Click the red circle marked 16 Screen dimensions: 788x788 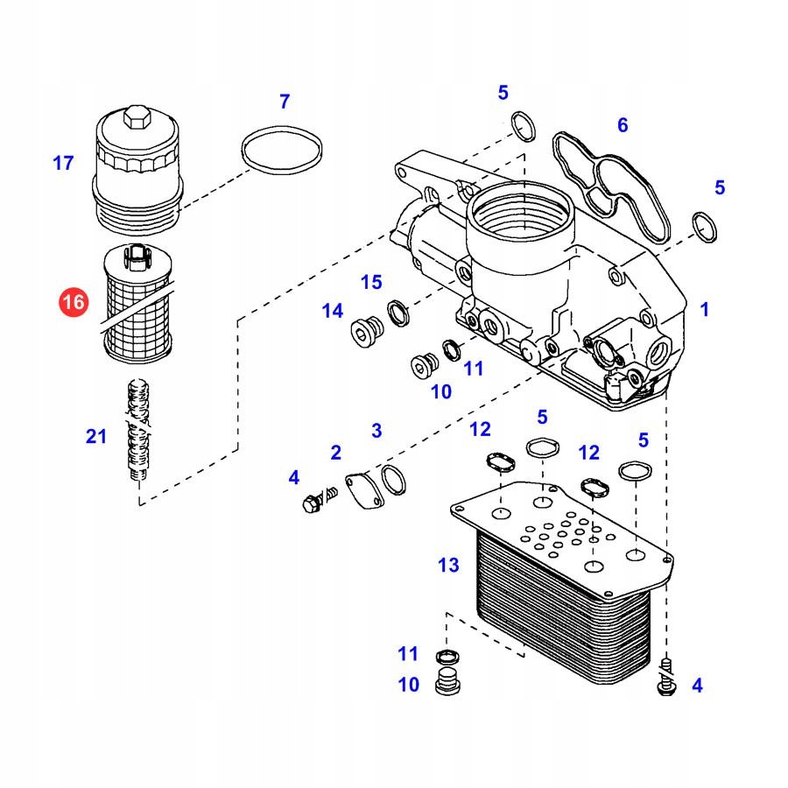tap(74, 303)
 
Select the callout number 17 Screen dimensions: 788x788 tap(63, 163)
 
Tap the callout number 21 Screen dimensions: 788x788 tap(96, 436)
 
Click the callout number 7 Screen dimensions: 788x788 tap(284, 102)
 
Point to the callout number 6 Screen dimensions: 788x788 tap(623, 125)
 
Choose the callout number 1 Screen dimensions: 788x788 tap(704, 308)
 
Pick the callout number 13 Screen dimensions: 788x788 tap(448, 566)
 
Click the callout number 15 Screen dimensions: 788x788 tap(372, 282)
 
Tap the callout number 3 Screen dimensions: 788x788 tap(376, 430)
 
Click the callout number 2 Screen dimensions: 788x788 tap(335, 452)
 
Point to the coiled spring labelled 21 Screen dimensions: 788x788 tap(136, 429)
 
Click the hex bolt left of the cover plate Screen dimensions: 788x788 tap(312, 503)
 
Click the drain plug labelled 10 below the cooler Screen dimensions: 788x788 tap(447, 682)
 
